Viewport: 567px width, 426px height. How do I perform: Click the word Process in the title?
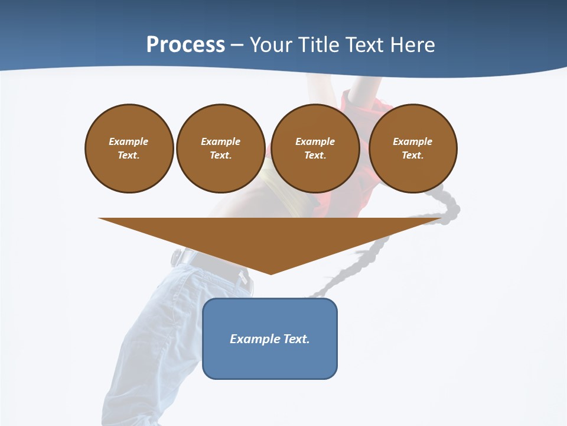[x=185, y=45]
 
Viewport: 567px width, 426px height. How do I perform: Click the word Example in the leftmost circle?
[x=129, y=141]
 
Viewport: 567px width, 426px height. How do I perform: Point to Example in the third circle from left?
[x=315, y=141]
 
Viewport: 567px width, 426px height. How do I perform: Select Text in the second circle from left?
[x=220, y=155]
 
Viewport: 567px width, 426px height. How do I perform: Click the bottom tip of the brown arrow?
[x=271, y=273]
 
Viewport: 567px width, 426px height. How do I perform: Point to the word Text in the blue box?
[x=297, y=339]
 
